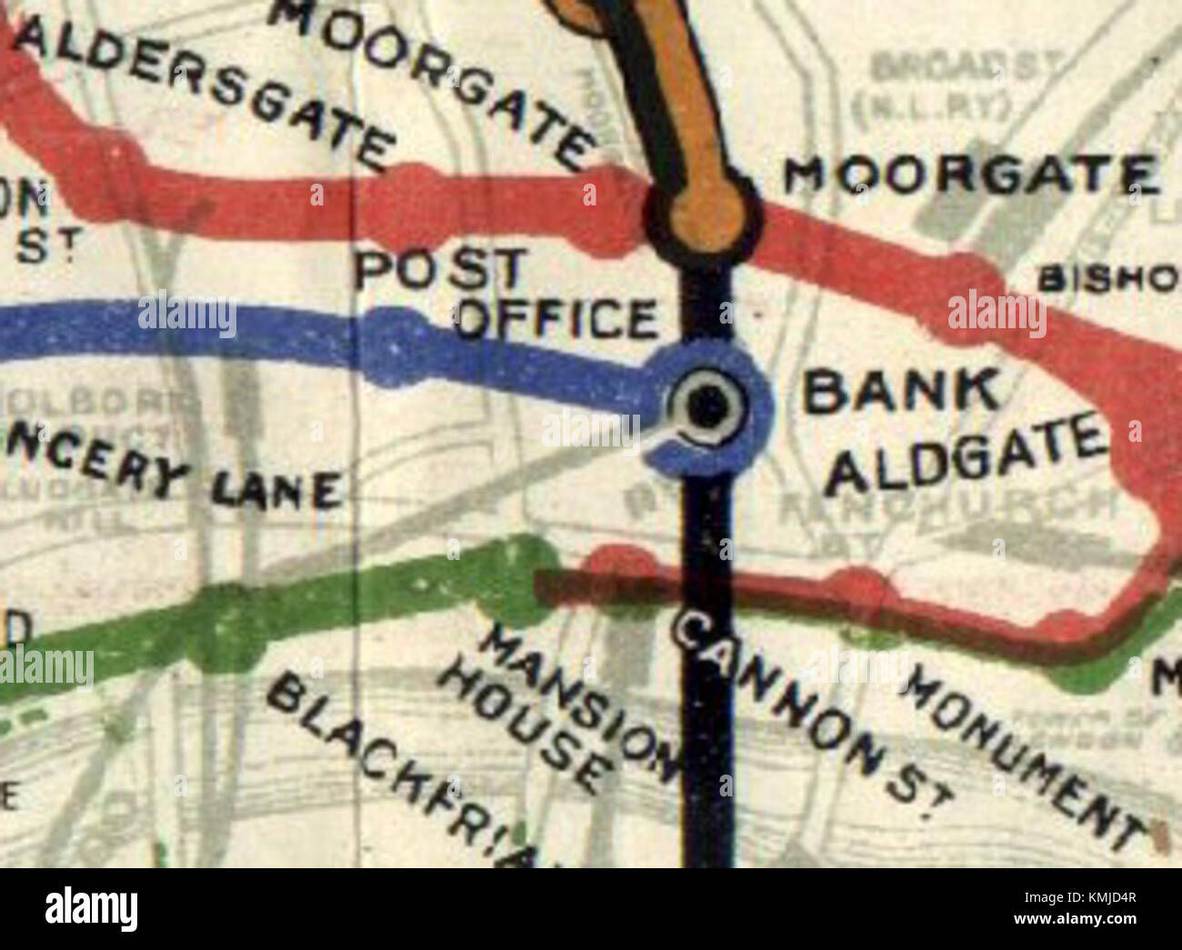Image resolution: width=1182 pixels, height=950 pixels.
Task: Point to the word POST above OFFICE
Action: coord(441,270)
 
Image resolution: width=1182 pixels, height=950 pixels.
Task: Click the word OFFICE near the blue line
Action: coord(556,317)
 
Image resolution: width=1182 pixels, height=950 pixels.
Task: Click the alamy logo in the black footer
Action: coord(91,908)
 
